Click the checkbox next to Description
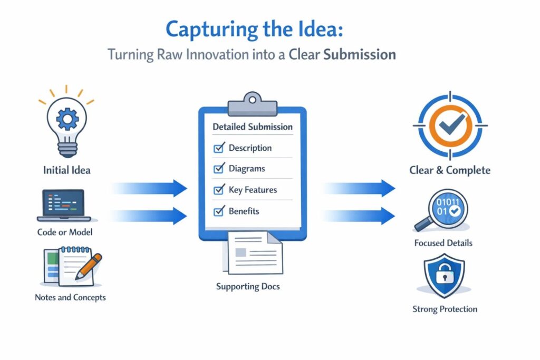pyautogui.click(x=218, y=148)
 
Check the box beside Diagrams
pyautogui.click(x=218, y=169)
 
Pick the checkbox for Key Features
pyautogui.click(x=218, y=190)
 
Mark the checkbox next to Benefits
pyautogui.click(x=218, y=211)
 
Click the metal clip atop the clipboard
pyautogui.click(x=252, y=100)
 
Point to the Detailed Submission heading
pyautogui.click(x=252, y=127)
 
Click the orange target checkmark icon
pyautogui.click(x=449, y=125)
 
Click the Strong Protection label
pyautogui.click(x=445, y=309)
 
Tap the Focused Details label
pyautogui.click(x=443, y=243)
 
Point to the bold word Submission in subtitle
pyautogui.click(x=359, y=54)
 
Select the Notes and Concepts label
pyautogui.click(x=70, y=297)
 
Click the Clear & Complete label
pyautogui.click(x=450, y=170)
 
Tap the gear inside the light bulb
pyautogui.click(x=67, y=119)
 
